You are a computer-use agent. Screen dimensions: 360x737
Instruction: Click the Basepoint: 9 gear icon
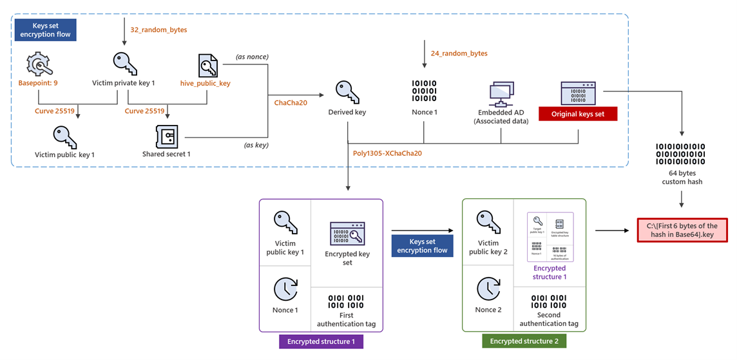[39, 66]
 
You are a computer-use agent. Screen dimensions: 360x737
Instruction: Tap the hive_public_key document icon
[207, 66]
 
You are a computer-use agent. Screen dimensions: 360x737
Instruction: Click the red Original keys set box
[578, 114]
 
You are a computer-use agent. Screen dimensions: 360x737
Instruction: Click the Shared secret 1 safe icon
[166, 137]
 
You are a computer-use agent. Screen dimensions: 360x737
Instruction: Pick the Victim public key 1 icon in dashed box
[64, 137]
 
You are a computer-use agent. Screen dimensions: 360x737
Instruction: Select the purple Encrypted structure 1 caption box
[320, 341]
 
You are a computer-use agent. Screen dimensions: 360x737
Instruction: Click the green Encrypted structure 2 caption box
[524, 341]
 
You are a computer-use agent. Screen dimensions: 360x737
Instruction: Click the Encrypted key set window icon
[347, 234]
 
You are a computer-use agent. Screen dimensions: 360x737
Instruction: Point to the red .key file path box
[682, 230]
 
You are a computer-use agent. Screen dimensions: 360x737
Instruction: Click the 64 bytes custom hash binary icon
[680, 155]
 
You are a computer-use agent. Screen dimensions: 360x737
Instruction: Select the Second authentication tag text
[549, 319]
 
